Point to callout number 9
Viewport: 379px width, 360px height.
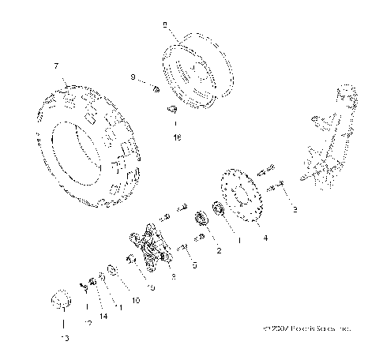(133, 77)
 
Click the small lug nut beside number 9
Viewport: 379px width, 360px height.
(155, 88)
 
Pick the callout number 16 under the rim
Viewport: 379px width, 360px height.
(176, 137)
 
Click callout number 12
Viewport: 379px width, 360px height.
(88, 323)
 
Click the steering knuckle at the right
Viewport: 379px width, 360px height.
(328, 142)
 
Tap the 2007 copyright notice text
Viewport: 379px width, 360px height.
(306, 326)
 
